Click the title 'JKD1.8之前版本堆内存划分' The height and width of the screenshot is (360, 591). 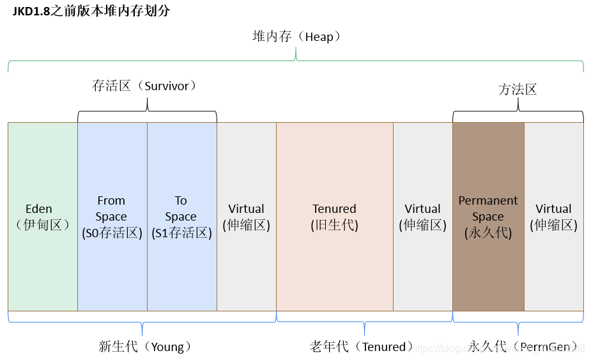tap(91, 11)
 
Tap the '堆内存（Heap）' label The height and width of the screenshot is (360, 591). tap(296, 37)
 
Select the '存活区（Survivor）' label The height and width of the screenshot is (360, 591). tap(144, 86)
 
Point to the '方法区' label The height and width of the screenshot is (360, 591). tap(518, 90)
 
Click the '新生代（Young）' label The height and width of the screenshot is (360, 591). tap(145, 347)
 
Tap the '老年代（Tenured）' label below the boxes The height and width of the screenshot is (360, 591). tap(362, 347)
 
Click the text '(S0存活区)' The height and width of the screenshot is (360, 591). tap(112, 233)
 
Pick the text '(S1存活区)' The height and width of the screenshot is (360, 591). tap(181, 233)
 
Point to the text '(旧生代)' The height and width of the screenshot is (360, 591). tap(334, 225)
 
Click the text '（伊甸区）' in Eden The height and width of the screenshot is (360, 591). tap(39, 225)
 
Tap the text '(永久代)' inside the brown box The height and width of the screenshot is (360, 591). tap(488, 233)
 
